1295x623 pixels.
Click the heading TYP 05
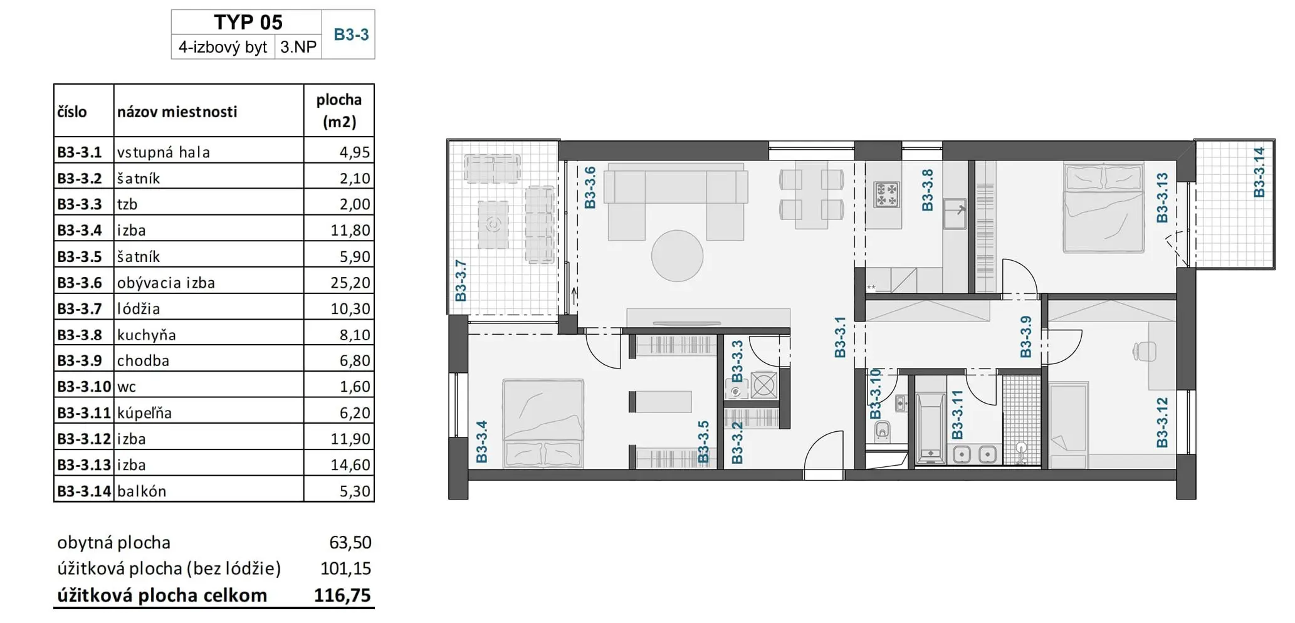pos(248,23)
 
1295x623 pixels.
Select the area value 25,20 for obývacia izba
pos(350,283)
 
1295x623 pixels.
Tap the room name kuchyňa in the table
pos(147,335)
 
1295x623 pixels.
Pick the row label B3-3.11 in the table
pos(84,412)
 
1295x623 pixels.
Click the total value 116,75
pos(342,595)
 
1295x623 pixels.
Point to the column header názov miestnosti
pos(177,112)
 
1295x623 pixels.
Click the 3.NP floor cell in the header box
pos(298,47)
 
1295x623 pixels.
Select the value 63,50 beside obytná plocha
pos(350,542)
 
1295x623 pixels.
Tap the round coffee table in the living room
pos(677,256)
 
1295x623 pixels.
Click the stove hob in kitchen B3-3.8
pos(887,194)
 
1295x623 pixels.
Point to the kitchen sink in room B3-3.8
pos(955,214)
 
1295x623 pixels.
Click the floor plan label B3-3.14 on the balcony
pos(1259,172)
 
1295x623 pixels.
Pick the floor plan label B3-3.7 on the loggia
pos(461,281)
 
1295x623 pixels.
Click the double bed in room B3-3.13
pos(1104,207)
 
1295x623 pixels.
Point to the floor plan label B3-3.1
pos(840,337)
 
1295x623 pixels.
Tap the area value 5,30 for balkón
pos(355,491)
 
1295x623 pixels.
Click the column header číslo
pos(72,112)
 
